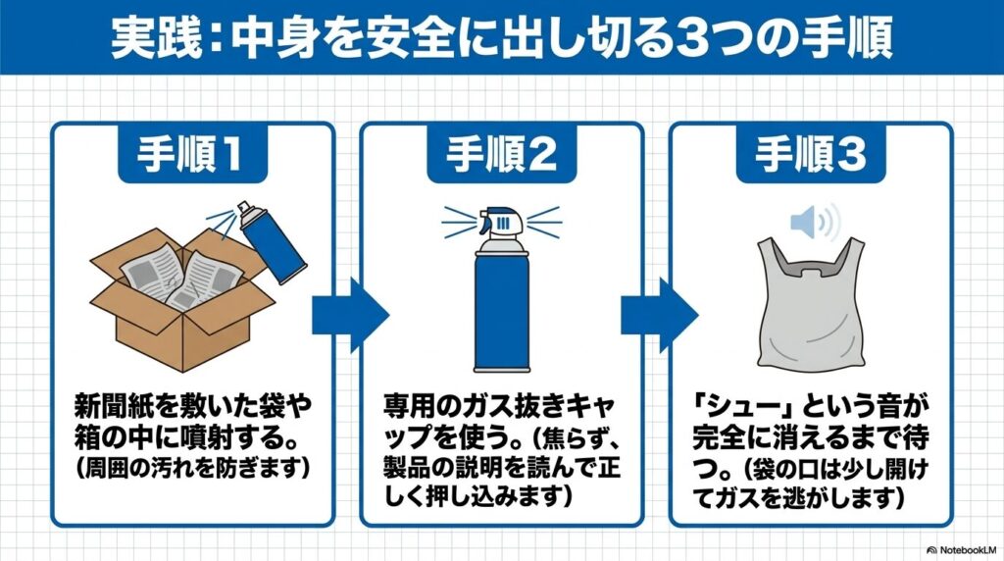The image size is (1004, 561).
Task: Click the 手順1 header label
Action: click(x=193, y=153)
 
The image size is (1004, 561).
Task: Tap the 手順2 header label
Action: click(x=501, y=153)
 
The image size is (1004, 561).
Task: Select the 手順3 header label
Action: click(x=811, y=153)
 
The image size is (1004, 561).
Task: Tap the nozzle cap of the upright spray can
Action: click(x=501, y=224)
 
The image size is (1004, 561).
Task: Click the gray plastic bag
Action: click(x=810, y=305)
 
